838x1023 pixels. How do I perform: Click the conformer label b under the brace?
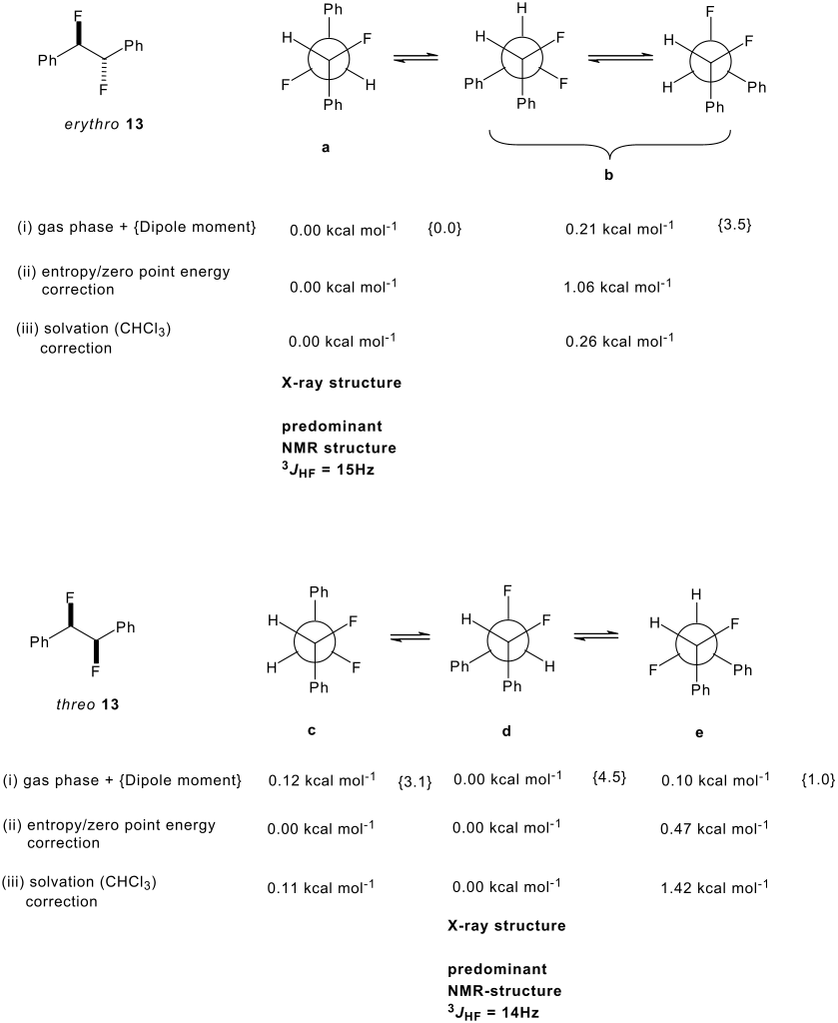(608, 175)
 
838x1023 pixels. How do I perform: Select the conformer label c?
(312, 730)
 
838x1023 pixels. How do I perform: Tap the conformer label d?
(506, 730)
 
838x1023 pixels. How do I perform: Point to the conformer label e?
(699, 731)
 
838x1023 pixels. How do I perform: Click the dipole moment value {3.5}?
(734, 226)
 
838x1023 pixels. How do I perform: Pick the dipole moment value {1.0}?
(817, 779)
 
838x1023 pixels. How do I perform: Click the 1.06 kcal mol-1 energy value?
(617, 286)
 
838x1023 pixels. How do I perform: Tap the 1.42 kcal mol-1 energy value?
(715, 885)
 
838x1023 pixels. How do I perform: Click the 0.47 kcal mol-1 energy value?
(715, 828)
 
